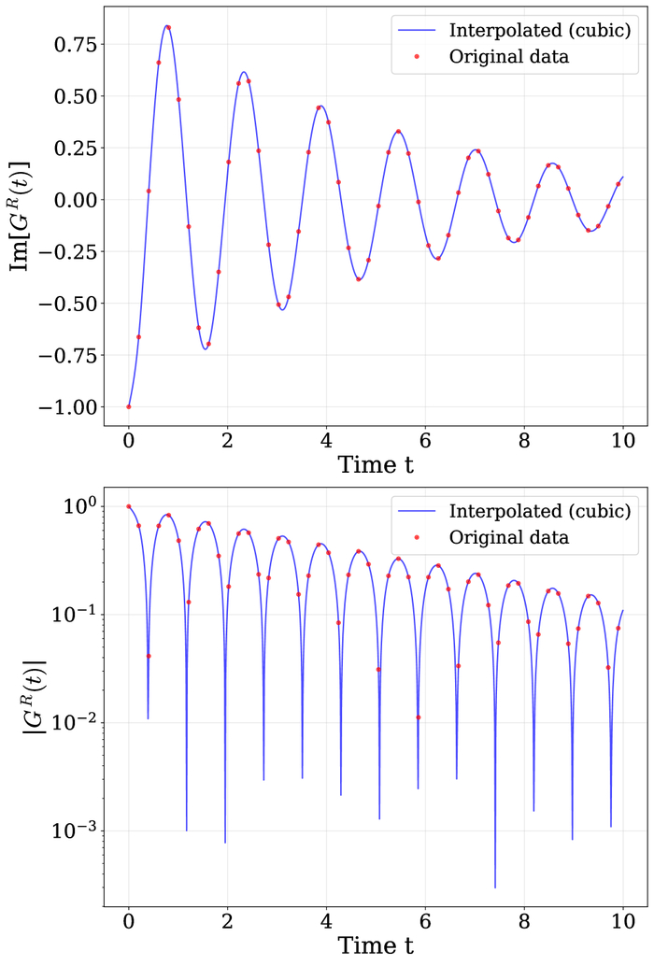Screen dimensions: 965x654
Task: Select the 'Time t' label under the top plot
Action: (x=376, y=464)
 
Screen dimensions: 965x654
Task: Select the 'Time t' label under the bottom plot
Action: (x=376, y=945)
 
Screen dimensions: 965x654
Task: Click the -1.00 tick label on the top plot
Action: (x=67, y=407)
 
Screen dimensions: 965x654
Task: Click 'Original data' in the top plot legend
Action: (x=508, y=56)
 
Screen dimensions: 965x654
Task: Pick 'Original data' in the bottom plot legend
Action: (x=508, y=537)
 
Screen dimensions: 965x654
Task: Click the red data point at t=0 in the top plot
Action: (x=129, y=406)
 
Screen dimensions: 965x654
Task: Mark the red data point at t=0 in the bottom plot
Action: (x=129, y=506)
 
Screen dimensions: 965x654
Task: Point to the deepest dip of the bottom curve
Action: (x=495, y=887)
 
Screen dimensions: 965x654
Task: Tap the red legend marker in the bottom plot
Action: (x=417, y=537)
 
